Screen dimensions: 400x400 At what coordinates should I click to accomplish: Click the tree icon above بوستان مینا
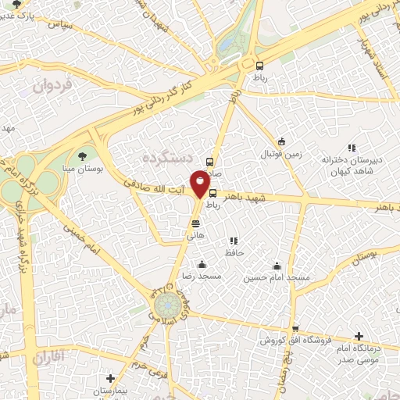[83, 156]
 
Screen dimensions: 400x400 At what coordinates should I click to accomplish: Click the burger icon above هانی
[195, 223]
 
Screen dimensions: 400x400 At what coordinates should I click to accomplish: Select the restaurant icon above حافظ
[233, 241]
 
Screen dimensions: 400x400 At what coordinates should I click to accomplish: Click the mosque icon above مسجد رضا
[202, 264]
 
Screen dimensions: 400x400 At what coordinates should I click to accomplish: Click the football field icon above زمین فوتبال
[282, 142]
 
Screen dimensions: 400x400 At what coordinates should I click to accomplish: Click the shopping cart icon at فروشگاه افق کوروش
[295, 329]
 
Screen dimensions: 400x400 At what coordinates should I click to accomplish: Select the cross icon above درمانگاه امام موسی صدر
[359, 334]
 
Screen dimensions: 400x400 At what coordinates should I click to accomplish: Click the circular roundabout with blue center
[166, 302]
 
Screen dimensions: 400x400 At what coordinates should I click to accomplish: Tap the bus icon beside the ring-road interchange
[259, 66]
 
